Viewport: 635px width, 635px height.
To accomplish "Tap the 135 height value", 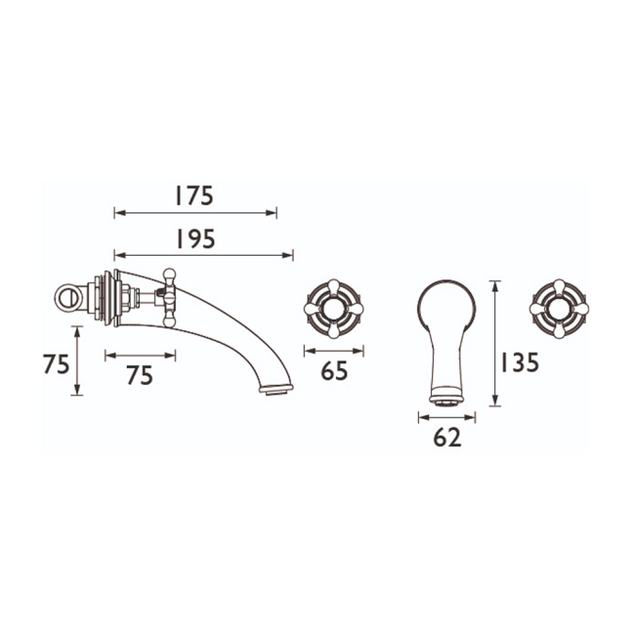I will [x=519, y=362].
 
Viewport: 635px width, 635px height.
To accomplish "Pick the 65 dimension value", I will [x=334, y=371].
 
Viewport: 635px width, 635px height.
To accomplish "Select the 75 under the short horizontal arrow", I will [x=140, y=374].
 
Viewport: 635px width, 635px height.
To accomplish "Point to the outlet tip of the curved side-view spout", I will [x=277, y=389].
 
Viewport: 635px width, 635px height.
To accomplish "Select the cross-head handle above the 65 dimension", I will [x=333, y=308].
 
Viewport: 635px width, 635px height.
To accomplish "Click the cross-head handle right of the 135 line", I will [x=557, y=308].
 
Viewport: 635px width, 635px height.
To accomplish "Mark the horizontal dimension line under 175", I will [x=195, y=212].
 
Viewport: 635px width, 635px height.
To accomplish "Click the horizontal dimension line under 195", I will [x=203, y=256].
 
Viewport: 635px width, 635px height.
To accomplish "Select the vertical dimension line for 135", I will [x=496, y=343].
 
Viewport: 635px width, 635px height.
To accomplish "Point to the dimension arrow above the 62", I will [x=446, y=417].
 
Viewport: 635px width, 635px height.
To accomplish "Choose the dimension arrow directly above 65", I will [x=333, y=351].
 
